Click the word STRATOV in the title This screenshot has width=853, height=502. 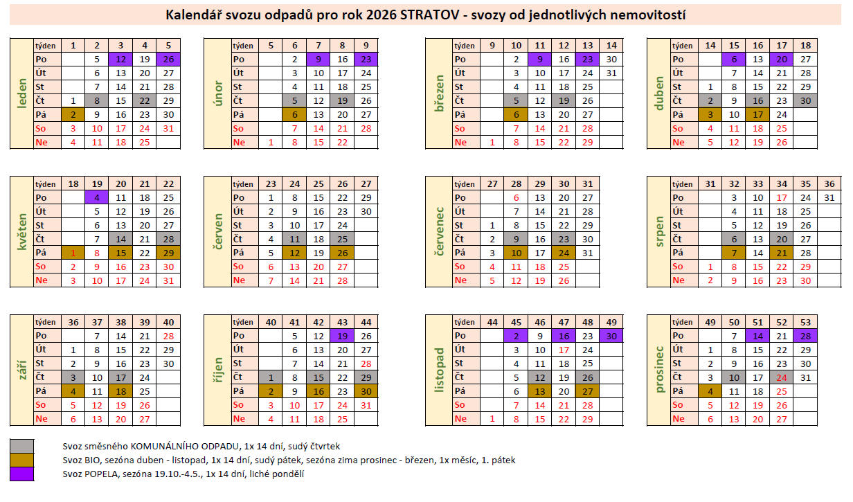(429, 15)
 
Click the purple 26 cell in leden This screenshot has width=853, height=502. (168, 60)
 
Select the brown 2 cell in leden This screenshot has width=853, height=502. (73, 115)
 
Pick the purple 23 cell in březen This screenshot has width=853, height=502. (587, 60)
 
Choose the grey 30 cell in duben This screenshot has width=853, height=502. (805, 101)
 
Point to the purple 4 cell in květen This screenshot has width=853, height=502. (97, 197)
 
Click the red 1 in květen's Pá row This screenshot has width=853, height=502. (73, 253)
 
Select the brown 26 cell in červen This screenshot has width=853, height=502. (342, 253)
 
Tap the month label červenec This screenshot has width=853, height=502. (438, 233)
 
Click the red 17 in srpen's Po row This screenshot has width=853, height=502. (782, 197)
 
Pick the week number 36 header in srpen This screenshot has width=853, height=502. (829, 184)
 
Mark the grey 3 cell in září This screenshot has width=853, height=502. (73, 377)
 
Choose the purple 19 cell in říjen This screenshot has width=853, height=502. (342, 336)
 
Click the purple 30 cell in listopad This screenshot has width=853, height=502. (611, 336)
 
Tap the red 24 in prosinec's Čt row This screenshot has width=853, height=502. (782, 377)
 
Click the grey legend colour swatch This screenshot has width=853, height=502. (22, 446)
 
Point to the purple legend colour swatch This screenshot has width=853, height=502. (22, 474)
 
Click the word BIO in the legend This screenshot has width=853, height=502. (90, 460)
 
